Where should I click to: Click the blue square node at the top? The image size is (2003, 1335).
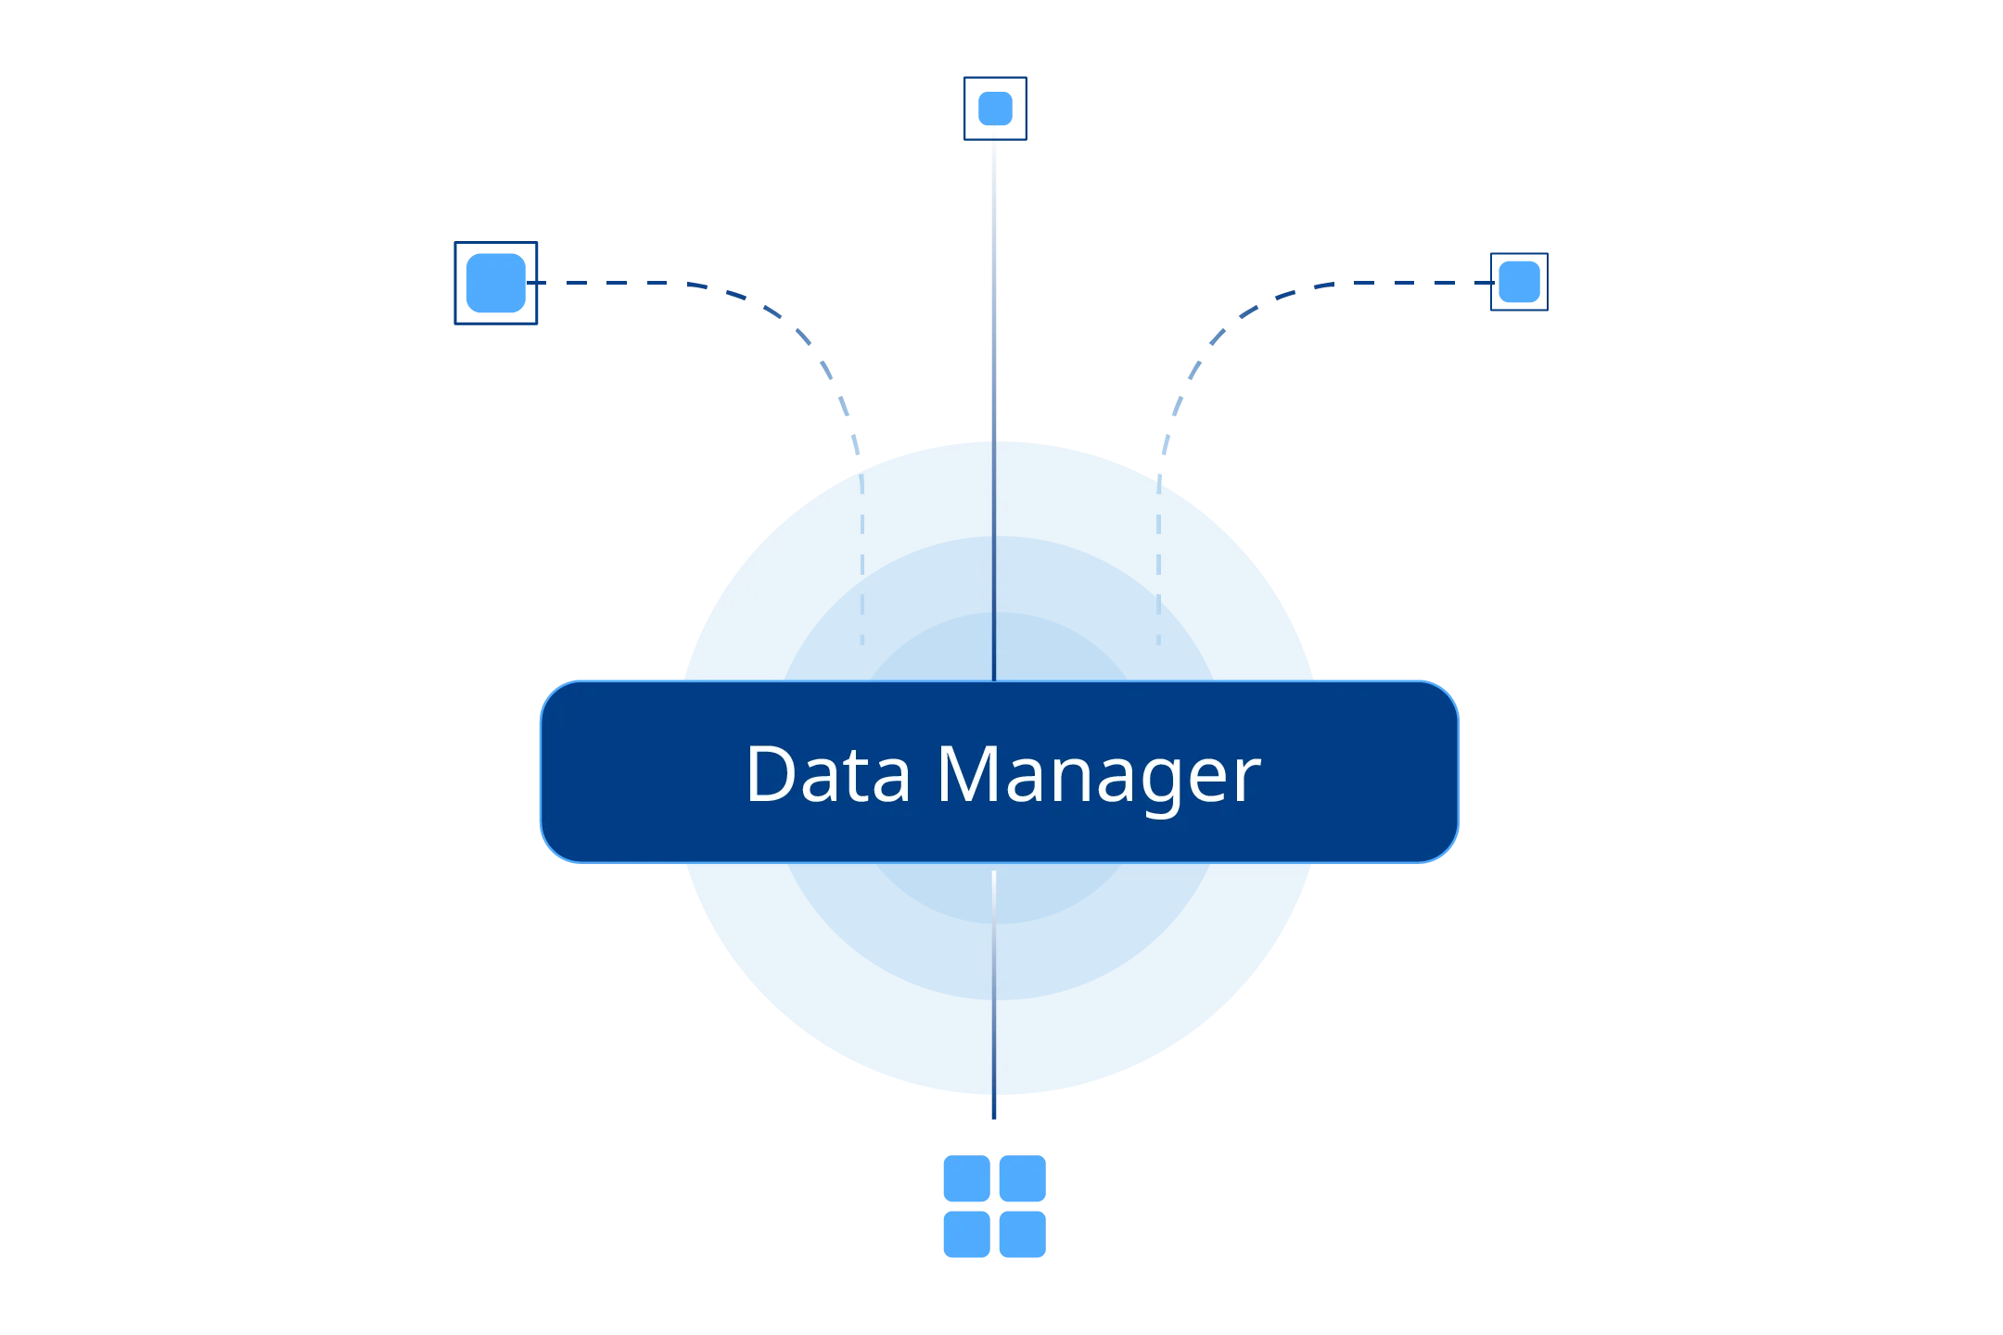click(994, 108)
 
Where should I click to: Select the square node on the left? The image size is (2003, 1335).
click(496, 282)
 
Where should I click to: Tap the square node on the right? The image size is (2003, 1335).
click(1518, 282)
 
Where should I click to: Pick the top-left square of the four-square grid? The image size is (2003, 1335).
click(965, 1177)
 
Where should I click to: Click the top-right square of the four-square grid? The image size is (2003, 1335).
click(1022, 1177)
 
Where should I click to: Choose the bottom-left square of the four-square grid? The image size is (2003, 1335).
click(965, 1235)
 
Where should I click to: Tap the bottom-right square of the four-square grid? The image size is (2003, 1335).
click(1022, 1235)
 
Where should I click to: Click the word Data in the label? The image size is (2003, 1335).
click(828, 774)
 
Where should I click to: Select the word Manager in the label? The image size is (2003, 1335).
click(1098, 774)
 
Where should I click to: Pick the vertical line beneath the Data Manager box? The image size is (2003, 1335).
click(994, 983)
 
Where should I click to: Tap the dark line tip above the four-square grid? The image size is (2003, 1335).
click(994, 1109)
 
